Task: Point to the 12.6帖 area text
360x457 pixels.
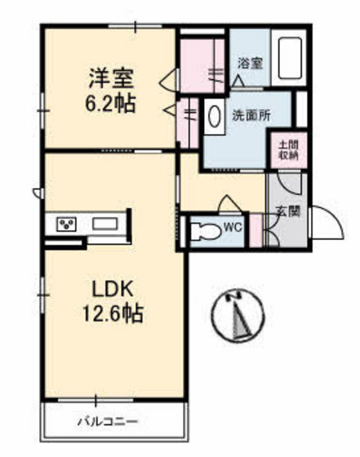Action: pyautogui.click(x=112, y=315)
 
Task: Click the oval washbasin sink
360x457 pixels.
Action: pyautogui.click(x=215, y=116)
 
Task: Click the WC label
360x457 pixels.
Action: pyautogui.click(x=231, y=228)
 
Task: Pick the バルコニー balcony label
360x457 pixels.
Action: pyautogui.click(x=108, y=422)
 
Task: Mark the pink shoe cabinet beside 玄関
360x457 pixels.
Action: pyautogui.click(x=256, y=230)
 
